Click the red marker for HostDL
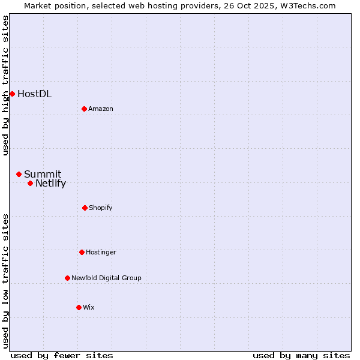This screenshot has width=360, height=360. (x=12, y=94)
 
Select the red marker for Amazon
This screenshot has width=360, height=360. (x=84, y=109)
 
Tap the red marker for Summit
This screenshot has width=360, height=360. (x=19, y=174)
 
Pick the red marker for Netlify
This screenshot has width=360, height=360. (x=30, y=183)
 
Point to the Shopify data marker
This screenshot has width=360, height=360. (x=85, y=208)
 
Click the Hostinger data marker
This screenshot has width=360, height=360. (x=82, y=252)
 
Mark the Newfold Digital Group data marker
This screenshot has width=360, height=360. (x=67, y=278)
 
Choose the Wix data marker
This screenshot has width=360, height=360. (x=79, y=307)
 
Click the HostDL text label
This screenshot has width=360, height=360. (x=34, y=94)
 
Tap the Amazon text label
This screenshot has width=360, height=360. (x=101, y=109)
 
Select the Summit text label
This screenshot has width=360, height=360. (x=43, y=174)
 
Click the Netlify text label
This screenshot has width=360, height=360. (x=50, y=184)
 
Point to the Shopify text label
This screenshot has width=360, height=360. (x=101, y=208)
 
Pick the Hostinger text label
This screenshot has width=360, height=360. (x=101, y=252)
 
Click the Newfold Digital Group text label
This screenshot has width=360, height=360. (x=106, y=278)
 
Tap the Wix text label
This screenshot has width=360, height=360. (x=89, y=307)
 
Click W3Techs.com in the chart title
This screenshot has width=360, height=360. (x=306, y=5)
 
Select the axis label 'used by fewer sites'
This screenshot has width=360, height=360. (x=62, y=355)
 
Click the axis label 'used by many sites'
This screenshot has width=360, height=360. (x=301, y=355)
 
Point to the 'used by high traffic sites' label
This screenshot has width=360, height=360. (x=5, y=85)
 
